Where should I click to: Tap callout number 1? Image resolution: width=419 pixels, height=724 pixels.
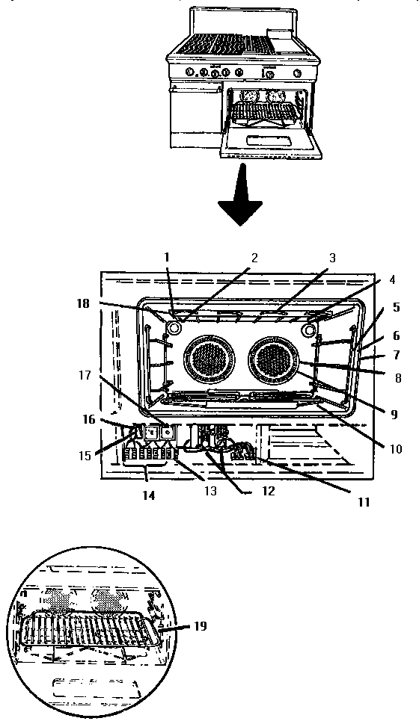point(168,258)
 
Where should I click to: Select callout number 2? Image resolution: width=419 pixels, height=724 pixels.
point(254,259)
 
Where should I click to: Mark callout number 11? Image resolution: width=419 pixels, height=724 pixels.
point(364,503)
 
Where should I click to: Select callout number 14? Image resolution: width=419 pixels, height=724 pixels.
point(149,495)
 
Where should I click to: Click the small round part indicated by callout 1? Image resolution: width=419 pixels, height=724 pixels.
point(174,327)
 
